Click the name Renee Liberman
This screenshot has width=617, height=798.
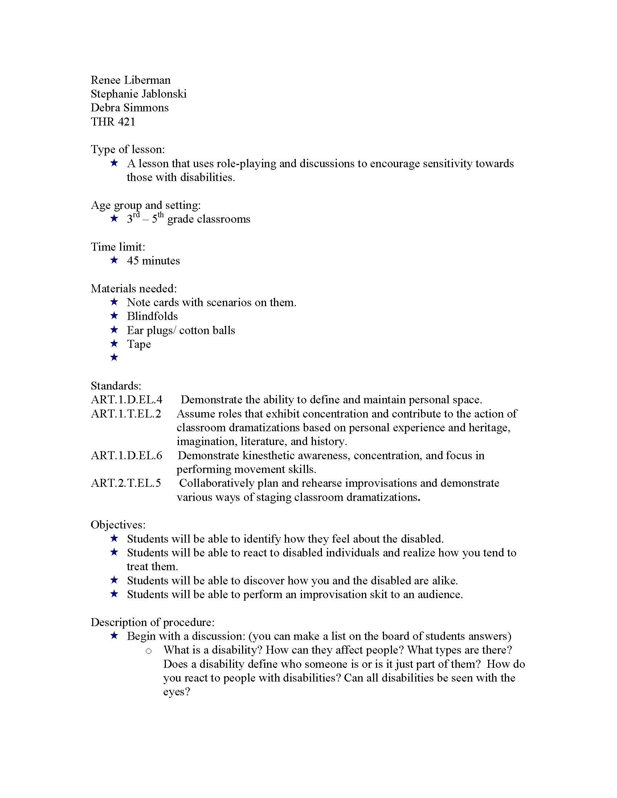point(131,80)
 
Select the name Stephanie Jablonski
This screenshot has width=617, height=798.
point(139,94)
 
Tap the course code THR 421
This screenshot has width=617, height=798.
point(113,122)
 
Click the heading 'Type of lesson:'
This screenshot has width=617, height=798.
point(127,149)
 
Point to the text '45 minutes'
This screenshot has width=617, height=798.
point(154,261)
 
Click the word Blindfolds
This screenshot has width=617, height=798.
point(152,316)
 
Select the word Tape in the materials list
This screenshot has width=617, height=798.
point(139,344)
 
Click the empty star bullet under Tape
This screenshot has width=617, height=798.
point(114,357)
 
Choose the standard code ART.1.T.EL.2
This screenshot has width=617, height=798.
point(126,414)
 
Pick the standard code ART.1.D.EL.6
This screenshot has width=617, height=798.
point(126,456)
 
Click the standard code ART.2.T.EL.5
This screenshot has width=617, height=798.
point(126,484)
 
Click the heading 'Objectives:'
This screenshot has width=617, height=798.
point(118,525)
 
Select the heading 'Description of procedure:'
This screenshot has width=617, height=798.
point(152,622)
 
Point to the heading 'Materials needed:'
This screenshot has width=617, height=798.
point(134,289)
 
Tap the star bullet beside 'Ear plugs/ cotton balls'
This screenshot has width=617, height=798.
point(114,330)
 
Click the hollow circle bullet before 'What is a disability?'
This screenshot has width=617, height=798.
point(148,651)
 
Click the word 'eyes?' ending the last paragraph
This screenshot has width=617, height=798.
point(176,692)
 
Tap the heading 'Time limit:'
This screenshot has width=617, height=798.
point(118,247)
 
